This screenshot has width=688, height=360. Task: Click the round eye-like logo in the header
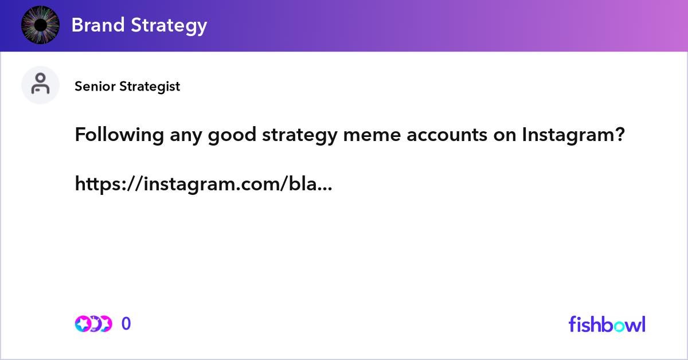[40, 25]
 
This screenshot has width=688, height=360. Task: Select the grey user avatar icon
[40, 85]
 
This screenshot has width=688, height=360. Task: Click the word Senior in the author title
[95, 87]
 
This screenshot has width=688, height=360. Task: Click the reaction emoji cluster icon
[93, 324]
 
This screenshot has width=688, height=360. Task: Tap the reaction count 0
[126, 324]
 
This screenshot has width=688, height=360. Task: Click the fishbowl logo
[607, 324]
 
